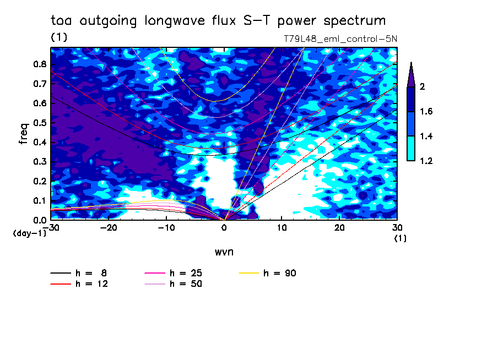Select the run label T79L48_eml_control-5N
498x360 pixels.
point(340,39)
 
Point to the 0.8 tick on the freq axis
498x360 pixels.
point(40,64)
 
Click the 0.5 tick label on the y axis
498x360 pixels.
point(40,123)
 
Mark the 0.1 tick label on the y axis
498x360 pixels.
point(40,201)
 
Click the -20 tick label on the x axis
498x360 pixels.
point(109,228)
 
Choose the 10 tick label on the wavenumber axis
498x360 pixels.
point(282,228)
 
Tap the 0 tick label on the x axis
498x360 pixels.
point(224,228)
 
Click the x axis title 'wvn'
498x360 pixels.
point(224,252)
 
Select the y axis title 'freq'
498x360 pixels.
point(24,134)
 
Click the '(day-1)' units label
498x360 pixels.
point(30,233)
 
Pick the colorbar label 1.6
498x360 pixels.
point(426,111)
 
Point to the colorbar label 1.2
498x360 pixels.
point(426,161)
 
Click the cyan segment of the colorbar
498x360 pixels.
point(411,149)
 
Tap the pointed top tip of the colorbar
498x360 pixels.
point(412,62)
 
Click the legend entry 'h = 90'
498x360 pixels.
point(267,273)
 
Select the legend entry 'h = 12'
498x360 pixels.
point(79,283)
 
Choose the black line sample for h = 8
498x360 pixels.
point(61,273)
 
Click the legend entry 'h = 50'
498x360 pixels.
point(173,283)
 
